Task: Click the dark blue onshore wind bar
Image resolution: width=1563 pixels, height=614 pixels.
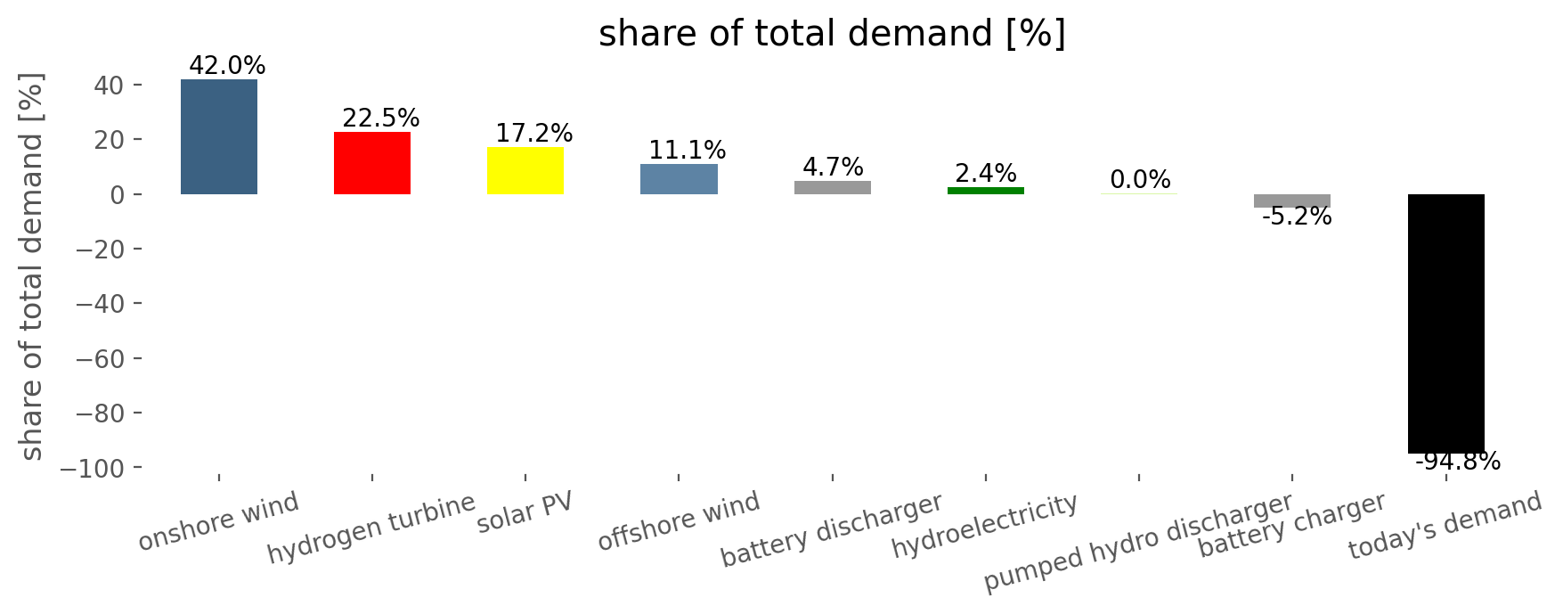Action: coord(219,136)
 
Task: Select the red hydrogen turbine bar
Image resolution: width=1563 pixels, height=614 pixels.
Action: coord(372,163)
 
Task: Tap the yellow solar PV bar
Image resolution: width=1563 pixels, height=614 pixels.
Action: coord(525,170)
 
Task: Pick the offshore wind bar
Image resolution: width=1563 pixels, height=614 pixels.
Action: coord(679,179)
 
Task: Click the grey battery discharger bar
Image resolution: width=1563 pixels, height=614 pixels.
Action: coord(833,187)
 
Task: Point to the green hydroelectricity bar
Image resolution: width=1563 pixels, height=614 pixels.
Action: coord(986,191)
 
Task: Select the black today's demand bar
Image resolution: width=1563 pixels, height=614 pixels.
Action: coord(1446,323)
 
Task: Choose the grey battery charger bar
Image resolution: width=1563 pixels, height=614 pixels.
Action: coord(1292,201)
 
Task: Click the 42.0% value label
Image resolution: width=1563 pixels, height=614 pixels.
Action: coord(227,66)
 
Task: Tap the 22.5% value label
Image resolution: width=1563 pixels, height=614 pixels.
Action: coord(381,119)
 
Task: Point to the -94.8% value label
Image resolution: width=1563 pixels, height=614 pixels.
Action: coord(1458,462)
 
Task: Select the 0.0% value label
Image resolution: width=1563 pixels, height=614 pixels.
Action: coord(1140,180)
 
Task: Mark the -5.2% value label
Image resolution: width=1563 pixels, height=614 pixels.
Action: coord(1297,217)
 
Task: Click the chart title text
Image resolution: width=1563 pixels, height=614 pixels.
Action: coord(832,34)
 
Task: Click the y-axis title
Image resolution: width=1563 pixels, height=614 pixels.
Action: coord(31,266)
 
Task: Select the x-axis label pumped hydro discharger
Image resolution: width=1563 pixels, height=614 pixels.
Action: coord(1138,543)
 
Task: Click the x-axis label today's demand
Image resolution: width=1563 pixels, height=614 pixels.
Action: coord(1445,526)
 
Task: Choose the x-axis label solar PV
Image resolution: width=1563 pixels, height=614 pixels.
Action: coord(525,512)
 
